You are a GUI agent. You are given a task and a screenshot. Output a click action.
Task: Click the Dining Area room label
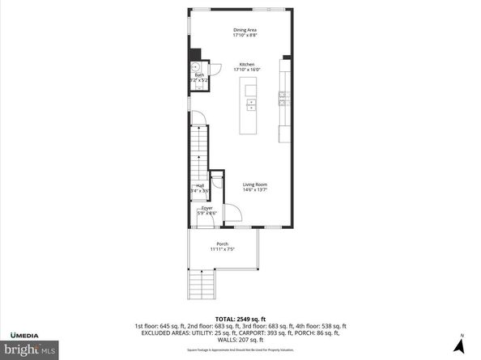(x=240, y=31)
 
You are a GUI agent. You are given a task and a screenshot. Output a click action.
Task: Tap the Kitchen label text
(x=246, y=65)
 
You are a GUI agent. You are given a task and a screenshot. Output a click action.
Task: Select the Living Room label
(x=255, y=184)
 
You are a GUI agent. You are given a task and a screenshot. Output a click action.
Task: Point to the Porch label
(x=222, y=244)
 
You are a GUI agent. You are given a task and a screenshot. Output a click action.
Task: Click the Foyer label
(x=207, y=208)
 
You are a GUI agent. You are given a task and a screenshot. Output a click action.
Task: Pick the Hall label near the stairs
(x=199, y=185)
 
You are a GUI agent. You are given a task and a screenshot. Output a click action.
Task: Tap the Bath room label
(x=198, y=75)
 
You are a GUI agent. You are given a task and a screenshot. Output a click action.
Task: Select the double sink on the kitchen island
(x=250, y=104)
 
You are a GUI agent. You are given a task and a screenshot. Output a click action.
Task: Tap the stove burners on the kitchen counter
(x=283, y=99)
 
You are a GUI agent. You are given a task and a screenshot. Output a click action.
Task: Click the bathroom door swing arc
(x=215, y=69)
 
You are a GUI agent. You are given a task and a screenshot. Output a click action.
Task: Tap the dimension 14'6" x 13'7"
(x=255, y=190)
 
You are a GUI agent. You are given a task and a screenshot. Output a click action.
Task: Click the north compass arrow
(x=461, y=345)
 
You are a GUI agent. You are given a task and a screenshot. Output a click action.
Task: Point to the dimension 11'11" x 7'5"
(x=222, y=249)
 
